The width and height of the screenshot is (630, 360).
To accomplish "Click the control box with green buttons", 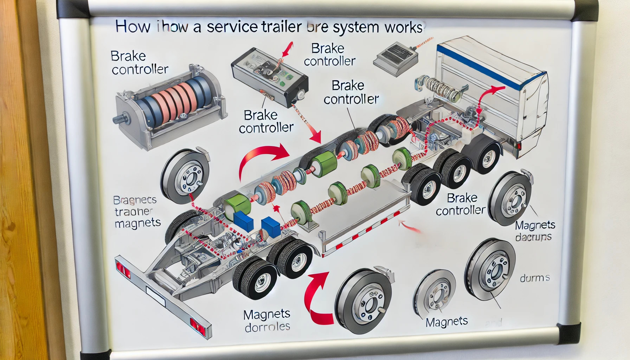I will point(269,78).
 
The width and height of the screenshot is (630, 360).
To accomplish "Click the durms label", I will point(534,278).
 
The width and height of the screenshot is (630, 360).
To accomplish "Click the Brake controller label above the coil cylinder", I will point(139,63).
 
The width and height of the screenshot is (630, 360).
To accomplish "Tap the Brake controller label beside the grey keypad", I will point(329,55).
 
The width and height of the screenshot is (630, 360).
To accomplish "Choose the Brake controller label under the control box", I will point(266,122).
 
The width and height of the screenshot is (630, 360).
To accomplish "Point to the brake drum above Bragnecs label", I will point(186,176).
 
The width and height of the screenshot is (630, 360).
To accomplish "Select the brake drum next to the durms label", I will point(490,269).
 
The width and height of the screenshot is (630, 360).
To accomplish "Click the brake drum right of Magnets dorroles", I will point(364,302).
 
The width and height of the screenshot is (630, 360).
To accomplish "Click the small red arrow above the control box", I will point(288,50).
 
